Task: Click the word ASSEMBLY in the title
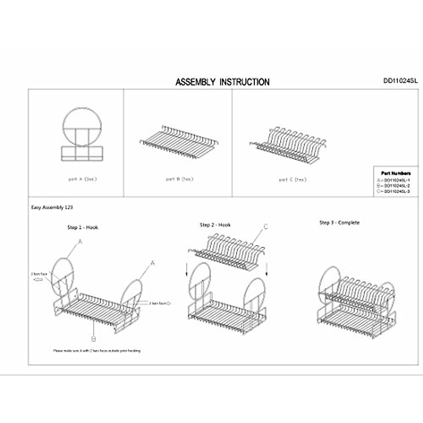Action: [x=195, y=82]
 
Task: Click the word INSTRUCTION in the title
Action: [x=245, y=82]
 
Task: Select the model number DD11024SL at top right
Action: [x=400, y=81]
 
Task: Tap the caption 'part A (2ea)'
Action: [x=82, y=179]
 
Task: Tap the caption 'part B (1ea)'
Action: [x=180, y=179]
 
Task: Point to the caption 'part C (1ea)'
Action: [x=293, y=179]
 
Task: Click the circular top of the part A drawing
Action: [x=82, y=120]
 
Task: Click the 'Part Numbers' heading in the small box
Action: [x=396, y=173]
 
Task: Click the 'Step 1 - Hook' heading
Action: [x=83, y=227]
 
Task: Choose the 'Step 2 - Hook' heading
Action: [x=215, y=225]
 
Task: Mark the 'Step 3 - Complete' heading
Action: [x=339, y=222]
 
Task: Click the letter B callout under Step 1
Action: [x=93, y=339]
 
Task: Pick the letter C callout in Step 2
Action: [x=266, y=227]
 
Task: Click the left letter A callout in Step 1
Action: [x=80, y=242]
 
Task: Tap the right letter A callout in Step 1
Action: [x=153, y=263]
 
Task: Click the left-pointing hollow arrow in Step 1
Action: [x=37, y=280]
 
